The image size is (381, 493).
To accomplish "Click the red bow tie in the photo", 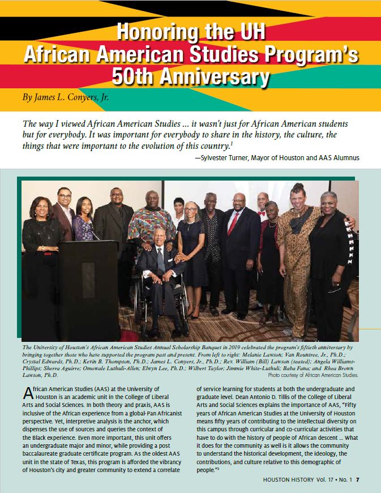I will pos(260,214).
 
